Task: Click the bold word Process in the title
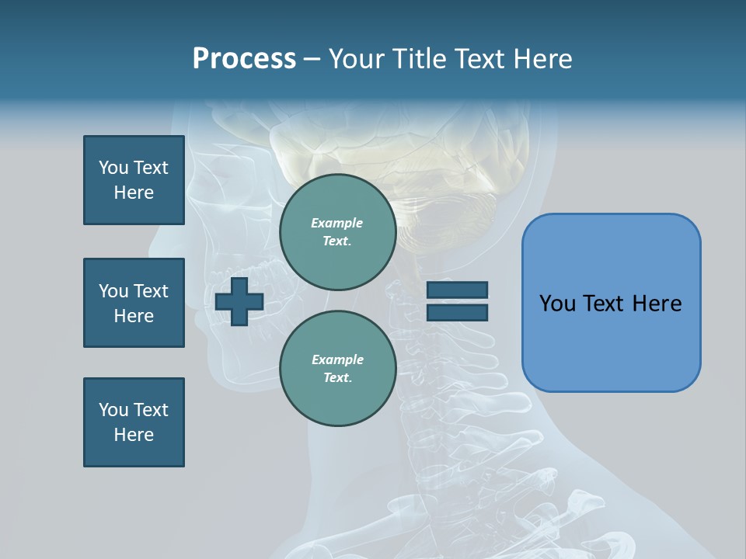244,59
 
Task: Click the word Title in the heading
419,59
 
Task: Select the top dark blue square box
134,180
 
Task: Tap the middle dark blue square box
134,303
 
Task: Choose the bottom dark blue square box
134,422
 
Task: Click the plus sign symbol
239,301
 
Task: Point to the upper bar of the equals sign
457,290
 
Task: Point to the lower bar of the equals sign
457,312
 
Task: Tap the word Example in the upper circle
336,223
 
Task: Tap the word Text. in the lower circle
337,378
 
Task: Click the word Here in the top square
134,193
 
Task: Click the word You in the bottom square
113,410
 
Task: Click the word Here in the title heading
543,59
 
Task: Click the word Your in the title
357,59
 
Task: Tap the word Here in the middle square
134,316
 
